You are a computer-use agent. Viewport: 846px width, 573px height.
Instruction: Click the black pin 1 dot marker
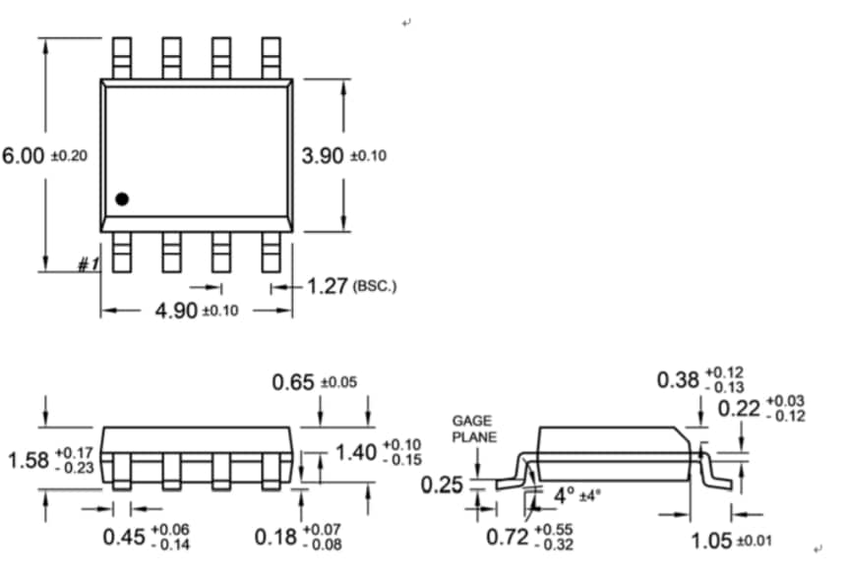point(122,200)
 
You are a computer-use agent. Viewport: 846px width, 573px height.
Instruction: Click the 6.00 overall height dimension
point(24,156)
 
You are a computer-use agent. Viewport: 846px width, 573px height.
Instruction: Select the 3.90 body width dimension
point(323,156)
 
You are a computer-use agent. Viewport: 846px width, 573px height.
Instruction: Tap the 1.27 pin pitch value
point(328,287)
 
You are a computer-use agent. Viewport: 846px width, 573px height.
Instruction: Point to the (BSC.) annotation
point(375,288)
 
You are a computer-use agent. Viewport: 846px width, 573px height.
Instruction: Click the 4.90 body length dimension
point(176,311)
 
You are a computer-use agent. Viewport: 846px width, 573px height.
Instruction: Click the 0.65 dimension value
point(293,382)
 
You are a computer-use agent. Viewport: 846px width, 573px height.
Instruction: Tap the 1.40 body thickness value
point(356,452)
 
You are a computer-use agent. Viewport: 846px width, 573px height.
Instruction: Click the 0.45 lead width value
point(124,537)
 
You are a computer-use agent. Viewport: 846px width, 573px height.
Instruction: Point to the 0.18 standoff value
point(274,537)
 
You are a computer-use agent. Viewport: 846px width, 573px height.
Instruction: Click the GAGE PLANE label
point(473,429)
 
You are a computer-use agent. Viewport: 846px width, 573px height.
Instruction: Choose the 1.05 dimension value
point(712,540)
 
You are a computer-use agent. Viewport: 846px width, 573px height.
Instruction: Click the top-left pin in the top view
point(121,58)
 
